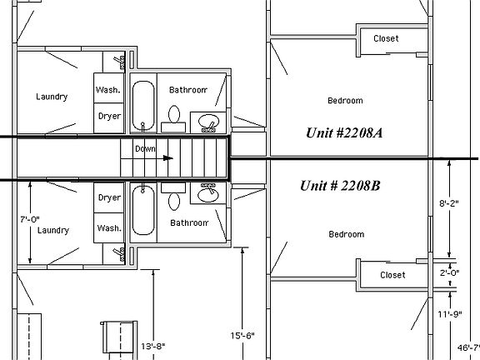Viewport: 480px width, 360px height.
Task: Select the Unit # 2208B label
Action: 340,185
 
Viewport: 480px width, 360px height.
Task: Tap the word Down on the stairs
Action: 145,148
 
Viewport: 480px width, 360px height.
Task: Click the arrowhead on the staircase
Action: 168,157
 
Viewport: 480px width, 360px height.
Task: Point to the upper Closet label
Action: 386,38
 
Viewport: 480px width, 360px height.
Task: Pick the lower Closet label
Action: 392,275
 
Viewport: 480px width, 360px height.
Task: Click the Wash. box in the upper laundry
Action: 108,89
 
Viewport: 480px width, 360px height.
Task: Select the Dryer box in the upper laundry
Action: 108,117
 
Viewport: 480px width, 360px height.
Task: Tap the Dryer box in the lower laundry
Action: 108,197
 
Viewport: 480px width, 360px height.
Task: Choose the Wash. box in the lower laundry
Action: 108,227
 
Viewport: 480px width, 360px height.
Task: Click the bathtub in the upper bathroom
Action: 143,106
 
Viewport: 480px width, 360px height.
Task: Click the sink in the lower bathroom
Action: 206,194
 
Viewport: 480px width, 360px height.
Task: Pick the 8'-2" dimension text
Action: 449,202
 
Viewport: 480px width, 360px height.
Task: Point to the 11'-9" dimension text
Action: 449,315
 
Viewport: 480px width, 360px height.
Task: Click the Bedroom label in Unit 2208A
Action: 345,101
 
